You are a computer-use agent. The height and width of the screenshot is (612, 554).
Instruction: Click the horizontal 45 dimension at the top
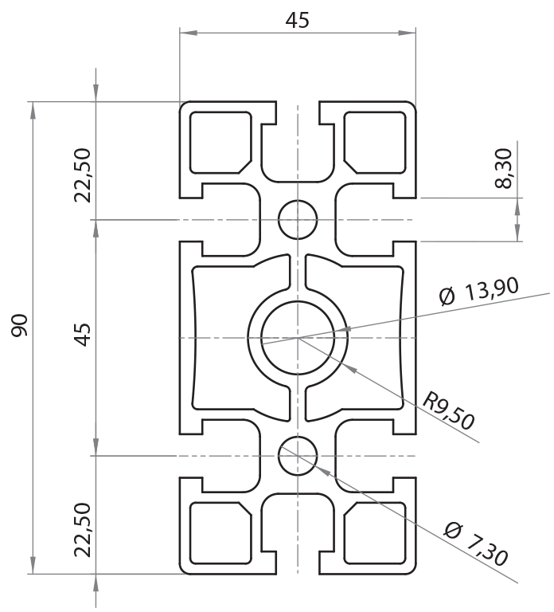coord(297,21)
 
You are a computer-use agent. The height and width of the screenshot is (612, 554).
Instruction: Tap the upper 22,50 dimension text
coord(84,175)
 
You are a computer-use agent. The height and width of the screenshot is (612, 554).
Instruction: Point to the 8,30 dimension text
coord(502,170)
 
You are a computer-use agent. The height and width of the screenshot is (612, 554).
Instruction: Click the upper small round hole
coord(298,218)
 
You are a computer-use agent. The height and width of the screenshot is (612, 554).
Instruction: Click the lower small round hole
coord(298,456)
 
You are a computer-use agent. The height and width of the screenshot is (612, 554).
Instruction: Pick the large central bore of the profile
coord(298,338)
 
